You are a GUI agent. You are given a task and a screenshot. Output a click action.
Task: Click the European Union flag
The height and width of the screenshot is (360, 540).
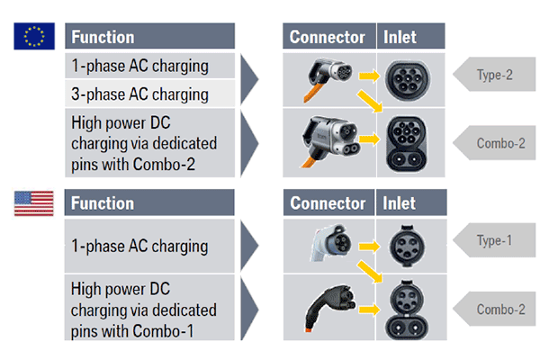tap(33, 36)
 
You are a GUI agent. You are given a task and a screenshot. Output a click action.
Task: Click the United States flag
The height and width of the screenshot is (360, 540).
tap(33, 202)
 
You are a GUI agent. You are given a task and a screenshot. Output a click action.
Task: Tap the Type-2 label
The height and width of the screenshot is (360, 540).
tap(494, 75)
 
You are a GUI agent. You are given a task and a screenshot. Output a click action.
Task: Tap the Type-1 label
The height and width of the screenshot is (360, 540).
tap(494, 240)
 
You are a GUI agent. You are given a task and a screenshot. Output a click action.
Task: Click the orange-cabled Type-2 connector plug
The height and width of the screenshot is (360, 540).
tap(321, 72)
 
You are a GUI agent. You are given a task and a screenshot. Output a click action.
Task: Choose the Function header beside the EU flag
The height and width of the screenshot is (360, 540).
tap(103, 37)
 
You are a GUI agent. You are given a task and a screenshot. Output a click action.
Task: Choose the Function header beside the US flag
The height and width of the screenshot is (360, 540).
tap(103, 202)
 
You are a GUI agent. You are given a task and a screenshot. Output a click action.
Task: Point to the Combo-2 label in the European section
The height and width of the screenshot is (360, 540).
tap(494, 142)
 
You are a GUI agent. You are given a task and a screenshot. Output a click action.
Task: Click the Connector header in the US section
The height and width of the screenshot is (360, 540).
tap(327, 202)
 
